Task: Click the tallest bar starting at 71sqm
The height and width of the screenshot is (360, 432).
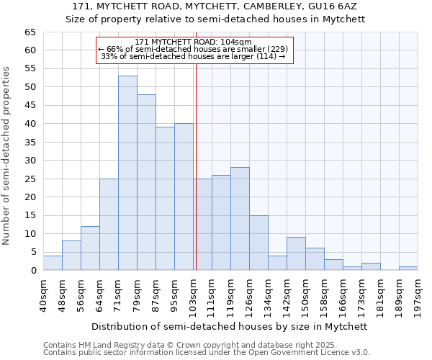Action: [127, 173]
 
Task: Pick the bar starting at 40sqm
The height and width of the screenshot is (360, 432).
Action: [53, 263]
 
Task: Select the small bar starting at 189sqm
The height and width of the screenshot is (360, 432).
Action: [408, 269]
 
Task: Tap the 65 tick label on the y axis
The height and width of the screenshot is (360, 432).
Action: [30, 32]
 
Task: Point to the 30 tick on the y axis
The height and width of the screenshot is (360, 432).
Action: [30, 161]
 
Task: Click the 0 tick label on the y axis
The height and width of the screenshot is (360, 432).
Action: [33, 271]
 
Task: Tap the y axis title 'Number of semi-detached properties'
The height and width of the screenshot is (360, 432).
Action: [7, 156]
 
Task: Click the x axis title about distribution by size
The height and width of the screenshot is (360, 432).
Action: [230, 326]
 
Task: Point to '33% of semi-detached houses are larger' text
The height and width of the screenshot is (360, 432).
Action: [193, 56]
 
